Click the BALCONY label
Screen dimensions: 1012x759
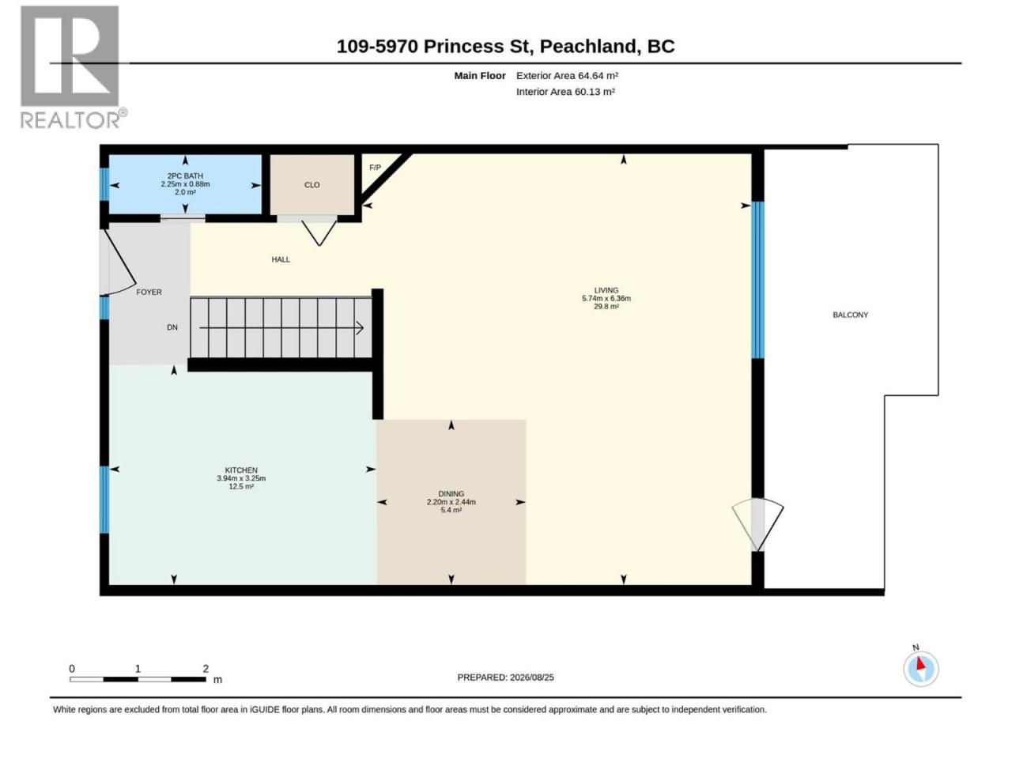coord(850,315)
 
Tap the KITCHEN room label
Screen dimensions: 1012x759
coord(240,470)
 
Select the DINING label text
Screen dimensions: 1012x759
coord(451,493)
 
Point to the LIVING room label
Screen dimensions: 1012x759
coord(606,290)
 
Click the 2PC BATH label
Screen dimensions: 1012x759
coord(185,176)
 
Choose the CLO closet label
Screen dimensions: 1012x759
coord(312,185)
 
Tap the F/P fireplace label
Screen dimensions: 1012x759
coord(375,168)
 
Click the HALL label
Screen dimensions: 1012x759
coord(281,259)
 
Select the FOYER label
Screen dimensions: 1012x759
coord(149,292)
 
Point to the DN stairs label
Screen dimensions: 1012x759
coord(172,327)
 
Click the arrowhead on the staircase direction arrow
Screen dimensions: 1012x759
coord(360,328)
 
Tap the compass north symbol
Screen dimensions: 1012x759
coord(919,667)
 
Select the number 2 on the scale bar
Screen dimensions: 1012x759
coord(205,669)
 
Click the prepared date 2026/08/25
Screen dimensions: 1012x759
coord(531,678)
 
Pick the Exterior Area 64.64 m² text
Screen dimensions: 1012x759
coord(567,76)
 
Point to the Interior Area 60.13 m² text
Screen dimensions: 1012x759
coord(565,92)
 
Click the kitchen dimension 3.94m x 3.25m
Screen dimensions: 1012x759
coord(240,478)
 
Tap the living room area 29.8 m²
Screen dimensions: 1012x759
coord(606,307)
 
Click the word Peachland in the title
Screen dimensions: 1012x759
coord(589,47)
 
